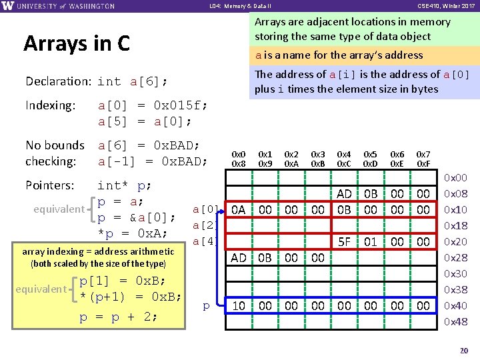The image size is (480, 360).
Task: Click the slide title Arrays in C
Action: coord(76,43)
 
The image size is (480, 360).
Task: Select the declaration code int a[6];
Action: coord(132,82)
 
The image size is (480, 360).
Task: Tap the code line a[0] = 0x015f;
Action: coord(152,105)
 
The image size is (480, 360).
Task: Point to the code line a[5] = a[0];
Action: coord(145,121)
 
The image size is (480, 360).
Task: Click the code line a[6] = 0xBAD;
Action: coord(149,145)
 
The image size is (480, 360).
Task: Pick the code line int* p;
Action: coord(125,185)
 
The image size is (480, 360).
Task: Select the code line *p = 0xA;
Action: coord(132,233)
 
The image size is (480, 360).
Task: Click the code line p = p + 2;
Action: coord(119,317)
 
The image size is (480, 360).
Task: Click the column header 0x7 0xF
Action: coord(423,159)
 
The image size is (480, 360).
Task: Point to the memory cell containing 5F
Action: coord(345,242)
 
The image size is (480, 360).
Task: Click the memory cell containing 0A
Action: coord(239,209)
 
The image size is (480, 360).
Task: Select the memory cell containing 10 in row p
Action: coord(239,306)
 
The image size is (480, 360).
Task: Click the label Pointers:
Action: coord(49,185)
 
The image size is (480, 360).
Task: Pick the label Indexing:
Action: coord(50,105)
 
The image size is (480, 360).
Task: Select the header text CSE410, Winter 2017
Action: coord(445,6)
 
